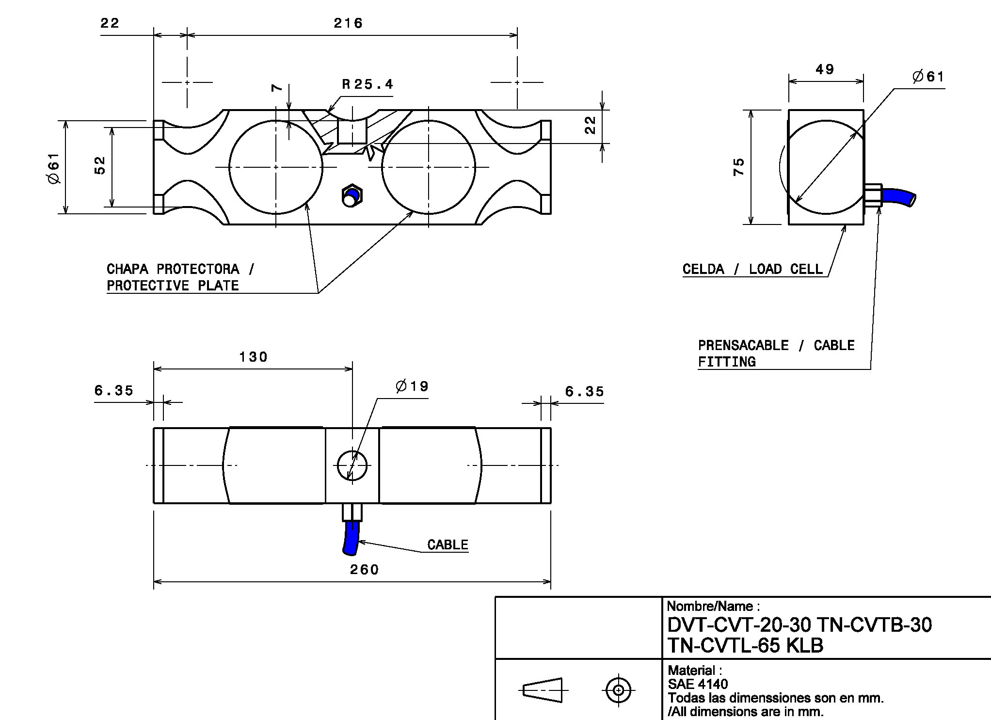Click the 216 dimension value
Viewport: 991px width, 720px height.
[348, 23]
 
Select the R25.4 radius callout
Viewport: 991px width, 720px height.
[367, 85]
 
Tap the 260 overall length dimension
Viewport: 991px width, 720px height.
[364, 569]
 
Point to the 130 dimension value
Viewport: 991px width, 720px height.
[253, 357]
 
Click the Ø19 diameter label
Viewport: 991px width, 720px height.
[412, 386]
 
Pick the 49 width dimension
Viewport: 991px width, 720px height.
[825, 70]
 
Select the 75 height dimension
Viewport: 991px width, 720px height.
[739, 167]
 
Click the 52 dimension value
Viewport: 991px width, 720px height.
[99, 165]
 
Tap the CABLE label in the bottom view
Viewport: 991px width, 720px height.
[448, 545]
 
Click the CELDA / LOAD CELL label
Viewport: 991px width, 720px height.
[752, 269]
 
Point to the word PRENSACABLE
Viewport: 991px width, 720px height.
[743, 345]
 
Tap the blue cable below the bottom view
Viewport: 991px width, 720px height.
[351, 538]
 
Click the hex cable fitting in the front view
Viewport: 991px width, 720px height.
[351, 195]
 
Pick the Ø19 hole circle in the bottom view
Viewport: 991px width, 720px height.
[352, 465]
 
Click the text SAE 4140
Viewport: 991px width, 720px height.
[698, 684]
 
